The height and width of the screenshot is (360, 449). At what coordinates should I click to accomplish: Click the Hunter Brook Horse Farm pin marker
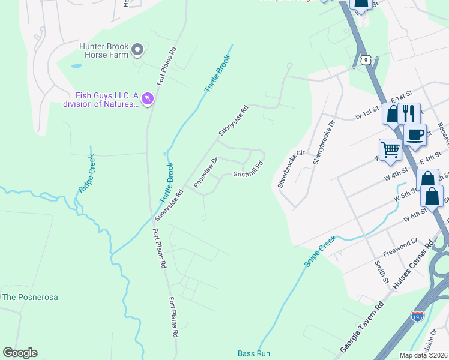click(137, 50)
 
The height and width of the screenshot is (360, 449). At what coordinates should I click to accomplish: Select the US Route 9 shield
click(366, 59)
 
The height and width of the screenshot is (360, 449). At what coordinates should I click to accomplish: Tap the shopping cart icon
click(390, 149)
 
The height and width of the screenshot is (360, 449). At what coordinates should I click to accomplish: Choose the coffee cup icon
click(415, 134)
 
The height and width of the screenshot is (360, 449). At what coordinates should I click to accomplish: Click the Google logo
click(20, 353)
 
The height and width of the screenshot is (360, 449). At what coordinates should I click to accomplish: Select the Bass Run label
click(254, 353)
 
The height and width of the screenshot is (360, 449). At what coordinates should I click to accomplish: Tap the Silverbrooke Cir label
click(288, 168)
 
